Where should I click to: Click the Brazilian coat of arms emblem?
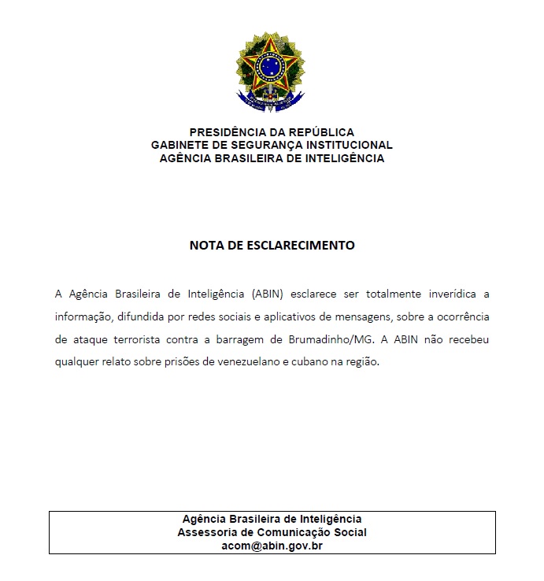tap(272, 72)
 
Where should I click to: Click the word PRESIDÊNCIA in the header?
tap(228, 132)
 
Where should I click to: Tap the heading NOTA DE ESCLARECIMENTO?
tap(272, 245)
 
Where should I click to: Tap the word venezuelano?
tap(281, 363)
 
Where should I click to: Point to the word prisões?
tap(203, 363)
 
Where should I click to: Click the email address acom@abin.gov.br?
tap(272, 545)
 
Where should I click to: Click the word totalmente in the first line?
tap(390, 294)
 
